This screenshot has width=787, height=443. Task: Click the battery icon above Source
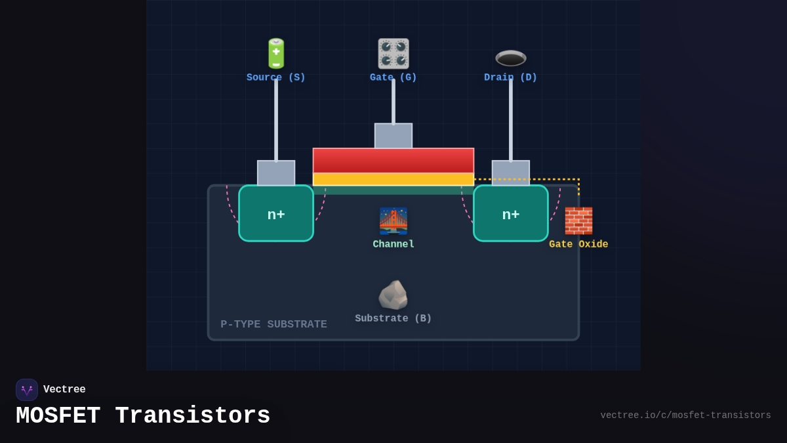pos(276,54)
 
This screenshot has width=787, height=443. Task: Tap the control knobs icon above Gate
pos(393,54)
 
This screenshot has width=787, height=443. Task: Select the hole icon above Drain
pos(511,58)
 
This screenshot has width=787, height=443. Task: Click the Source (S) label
pos(276,77)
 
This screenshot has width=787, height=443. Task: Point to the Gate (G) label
pos(393,77)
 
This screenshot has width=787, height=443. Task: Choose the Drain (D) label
pos(511,77)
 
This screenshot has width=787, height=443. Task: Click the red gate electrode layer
pos(393,160)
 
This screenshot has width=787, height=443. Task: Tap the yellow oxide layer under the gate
pos(393,179)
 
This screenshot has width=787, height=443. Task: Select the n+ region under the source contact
pos(276,214)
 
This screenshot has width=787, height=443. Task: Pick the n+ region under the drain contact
pos(511,214)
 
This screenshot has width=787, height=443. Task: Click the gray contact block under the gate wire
pos(393,136)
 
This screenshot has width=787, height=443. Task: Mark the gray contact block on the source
pos(276,173)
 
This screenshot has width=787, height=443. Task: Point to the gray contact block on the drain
pos(511,173)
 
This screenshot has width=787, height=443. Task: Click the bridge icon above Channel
pos(393,221)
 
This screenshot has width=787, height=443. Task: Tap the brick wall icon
pos(578,221)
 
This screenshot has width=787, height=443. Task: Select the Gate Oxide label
pos(578,244)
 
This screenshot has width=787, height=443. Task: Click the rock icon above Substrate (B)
pos(393,295)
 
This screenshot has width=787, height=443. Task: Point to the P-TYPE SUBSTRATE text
pos(273,324)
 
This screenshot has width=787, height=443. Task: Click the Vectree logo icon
pos(27,390)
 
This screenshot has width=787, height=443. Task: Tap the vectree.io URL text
pos(685,415)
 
